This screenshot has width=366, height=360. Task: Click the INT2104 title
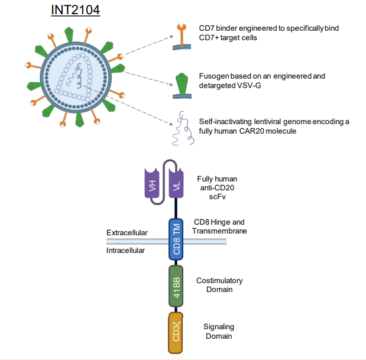click(x=76, y=10)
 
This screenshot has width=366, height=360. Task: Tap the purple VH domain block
click(x=152, y=183)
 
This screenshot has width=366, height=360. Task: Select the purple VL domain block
click(x=176, y=184)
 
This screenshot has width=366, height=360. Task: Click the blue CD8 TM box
click(x=176, y=239)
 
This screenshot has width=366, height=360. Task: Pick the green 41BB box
click(x=176, y=286)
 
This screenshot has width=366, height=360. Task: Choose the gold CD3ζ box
click(x=176, y=333)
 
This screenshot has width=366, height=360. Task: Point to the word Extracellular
click(x=127, y=233)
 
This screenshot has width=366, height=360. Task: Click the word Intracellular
click(x=125, y=250)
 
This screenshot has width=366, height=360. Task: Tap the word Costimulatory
click(x=219, y=280)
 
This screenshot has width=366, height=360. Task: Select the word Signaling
click(x=219, y=327)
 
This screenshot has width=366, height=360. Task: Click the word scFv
click(x=218, y=197)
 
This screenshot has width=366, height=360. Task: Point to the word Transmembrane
click(x=219, y=231)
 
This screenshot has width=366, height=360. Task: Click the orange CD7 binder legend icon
click(x=182, y=37)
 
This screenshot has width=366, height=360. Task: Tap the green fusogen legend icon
click(x=182, y=86)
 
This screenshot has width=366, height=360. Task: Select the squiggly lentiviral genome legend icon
click(x=183, y=129)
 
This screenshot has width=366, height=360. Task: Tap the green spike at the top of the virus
click(x=69, y=35)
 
